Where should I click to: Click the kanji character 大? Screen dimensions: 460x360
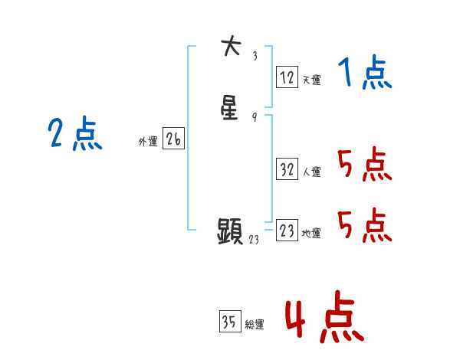[x=230, y=47]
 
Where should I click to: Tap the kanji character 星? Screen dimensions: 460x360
[x=230, y=109]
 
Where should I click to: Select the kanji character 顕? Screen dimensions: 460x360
[x=231, y=231]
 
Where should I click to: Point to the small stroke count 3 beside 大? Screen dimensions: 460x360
[x=255, y=55]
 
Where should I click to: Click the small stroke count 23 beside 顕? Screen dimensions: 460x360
[x=255, y=240]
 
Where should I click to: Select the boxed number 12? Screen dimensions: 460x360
[x=287, y=77]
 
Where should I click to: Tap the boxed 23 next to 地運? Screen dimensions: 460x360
[x=287, y=231]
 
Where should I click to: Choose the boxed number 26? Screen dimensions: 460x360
[x=173, y=139]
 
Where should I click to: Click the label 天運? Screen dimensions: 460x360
[x=311, y=80]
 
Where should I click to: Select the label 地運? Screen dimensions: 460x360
[x=311, y=234]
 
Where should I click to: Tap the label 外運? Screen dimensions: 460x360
[x=148, y=142]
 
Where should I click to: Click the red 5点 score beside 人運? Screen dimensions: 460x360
[x=364, y=165]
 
